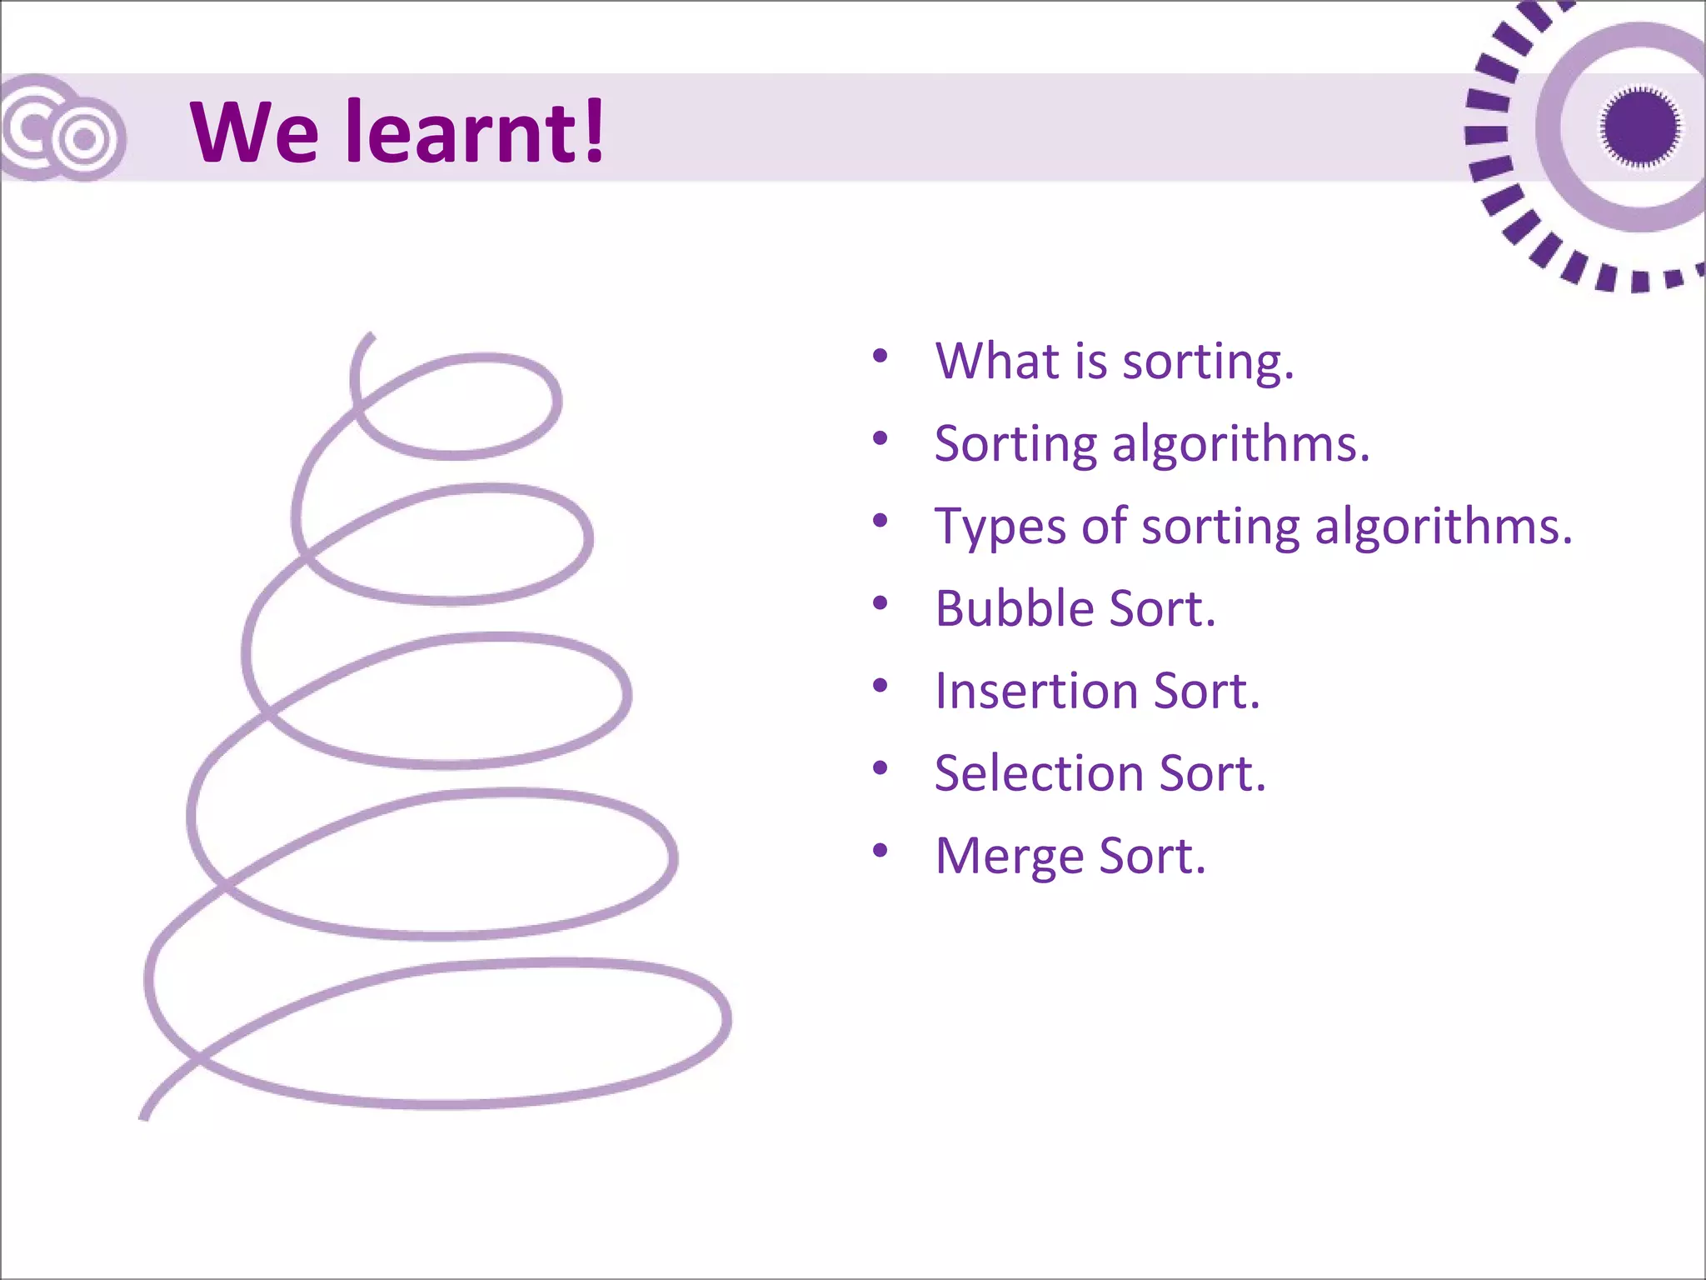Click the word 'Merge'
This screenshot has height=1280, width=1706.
(x=1009, y=857)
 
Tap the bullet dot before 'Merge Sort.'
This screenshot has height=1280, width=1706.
(x=880, y=851)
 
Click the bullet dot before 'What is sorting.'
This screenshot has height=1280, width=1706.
(x=880, y=357)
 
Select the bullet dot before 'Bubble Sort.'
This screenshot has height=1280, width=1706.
(x=880, y=603)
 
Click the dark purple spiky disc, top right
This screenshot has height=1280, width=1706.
(x=1639, y=127)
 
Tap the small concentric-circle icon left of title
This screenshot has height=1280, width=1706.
(x=83, y=139)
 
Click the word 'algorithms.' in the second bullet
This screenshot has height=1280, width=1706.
(x=1241, y=444)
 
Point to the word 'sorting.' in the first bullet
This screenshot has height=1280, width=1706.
(x=1208, y=362)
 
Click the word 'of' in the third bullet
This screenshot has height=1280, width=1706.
(x=1104, y=527)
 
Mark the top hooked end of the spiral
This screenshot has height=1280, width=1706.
(x=369, y=337)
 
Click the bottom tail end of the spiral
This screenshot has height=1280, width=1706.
(x=144, y=1115)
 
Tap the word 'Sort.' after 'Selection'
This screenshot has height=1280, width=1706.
(x=1212, y=773)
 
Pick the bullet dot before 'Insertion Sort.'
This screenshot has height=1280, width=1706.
(x=880, y=686)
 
